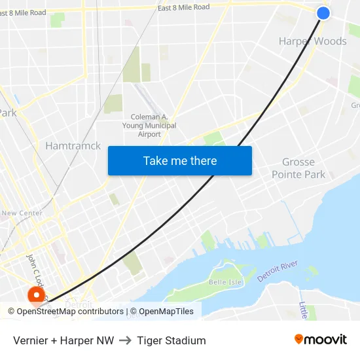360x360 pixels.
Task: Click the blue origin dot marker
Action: coord(323,13)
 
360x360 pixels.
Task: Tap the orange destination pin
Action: coord(35,297)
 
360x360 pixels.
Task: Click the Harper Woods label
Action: coord(312,41)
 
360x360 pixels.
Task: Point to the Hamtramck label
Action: coord(73,146)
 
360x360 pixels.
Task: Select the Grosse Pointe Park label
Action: coord(298,168)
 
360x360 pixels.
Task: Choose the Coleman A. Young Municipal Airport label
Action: coord(149,125)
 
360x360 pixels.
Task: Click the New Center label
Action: coord(22,213)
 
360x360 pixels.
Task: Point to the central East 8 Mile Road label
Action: coord(183,7)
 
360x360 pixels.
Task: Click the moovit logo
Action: coord(320,340)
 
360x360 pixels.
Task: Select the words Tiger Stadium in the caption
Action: coord(171,340)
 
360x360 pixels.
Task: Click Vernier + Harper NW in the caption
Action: coord(63,340)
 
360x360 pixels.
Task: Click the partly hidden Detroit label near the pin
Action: coord(79,304)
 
